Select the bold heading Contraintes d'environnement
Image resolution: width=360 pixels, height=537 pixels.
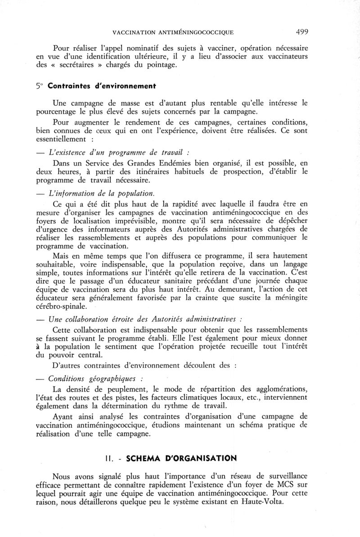(x=101, y=86)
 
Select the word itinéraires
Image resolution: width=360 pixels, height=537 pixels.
(x=165, y=171)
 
